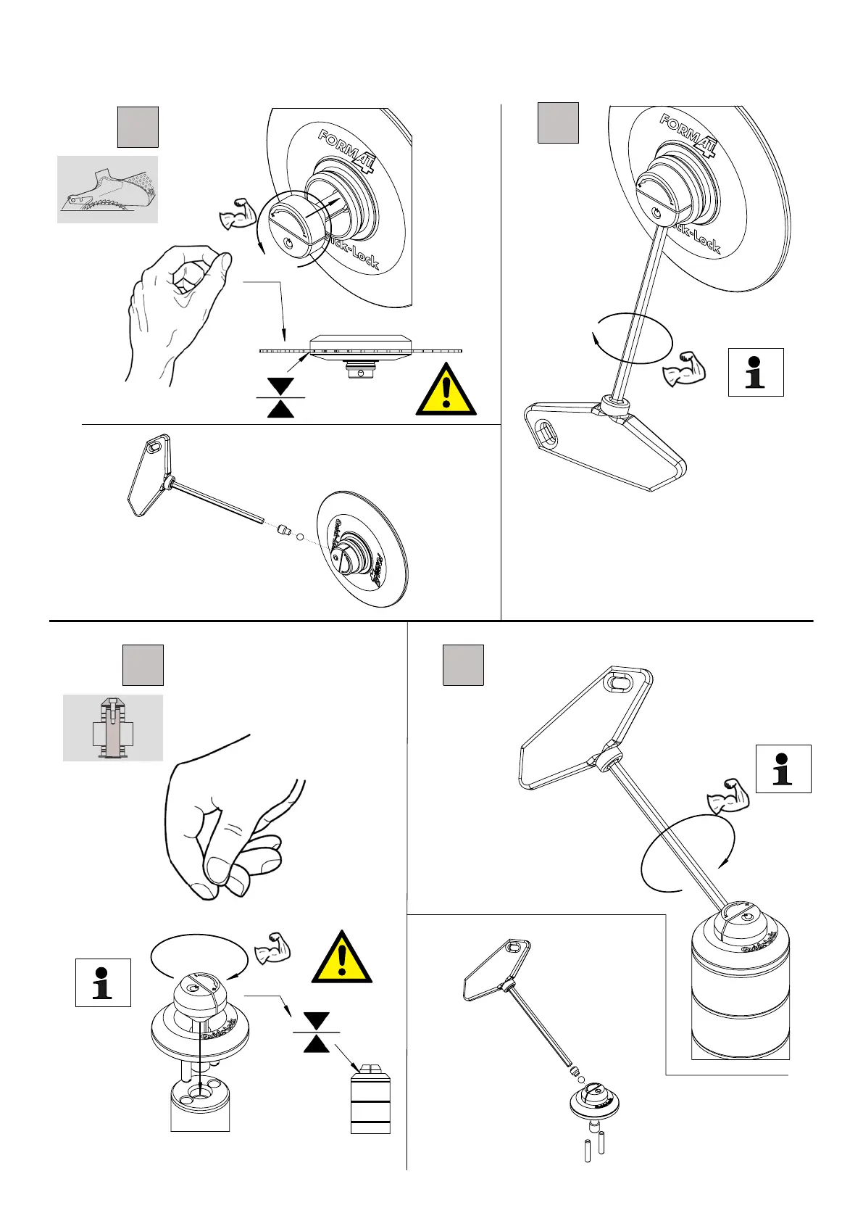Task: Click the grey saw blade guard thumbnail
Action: (x=107, y=189)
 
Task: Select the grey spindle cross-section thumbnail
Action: (x=112, y=727)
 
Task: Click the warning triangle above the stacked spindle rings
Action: (x=342, y=959)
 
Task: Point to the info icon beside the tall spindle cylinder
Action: (x=783, y=769)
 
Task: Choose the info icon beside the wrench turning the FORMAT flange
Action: (x=755, y=372)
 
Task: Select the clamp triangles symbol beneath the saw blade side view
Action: (x=280, y=398)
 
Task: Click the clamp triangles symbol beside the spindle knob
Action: (x=317, y=1032)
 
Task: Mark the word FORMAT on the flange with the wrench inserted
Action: (x=688, y=135)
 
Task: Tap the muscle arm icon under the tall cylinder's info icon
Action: (x=727, y=796)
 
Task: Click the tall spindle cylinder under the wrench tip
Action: (x=740, y=993)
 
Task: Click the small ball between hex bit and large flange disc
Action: (x=300, y=539)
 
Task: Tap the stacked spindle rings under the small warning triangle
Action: (x=370, y=1105)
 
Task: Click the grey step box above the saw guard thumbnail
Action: (x=138, y=128)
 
